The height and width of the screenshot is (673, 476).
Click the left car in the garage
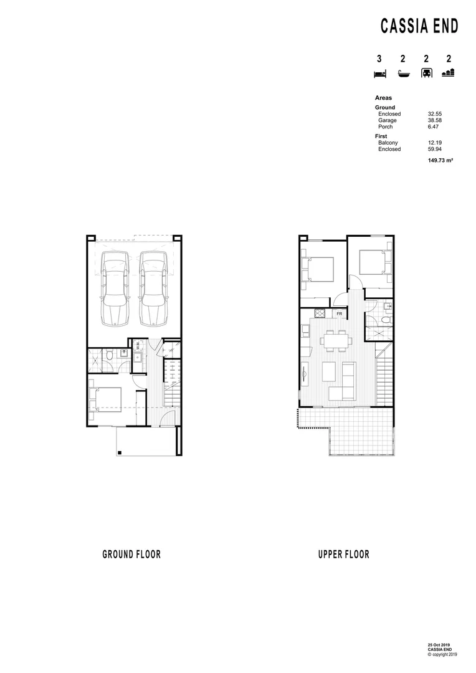point(115,289)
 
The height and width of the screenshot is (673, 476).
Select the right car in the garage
point(153,289)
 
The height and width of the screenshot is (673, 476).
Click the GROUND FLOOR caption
point(131,555)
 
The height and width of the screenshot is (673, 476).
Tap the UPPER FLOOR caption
point(343,555)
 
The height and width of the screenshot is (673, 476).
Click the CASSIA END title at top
point(419,26)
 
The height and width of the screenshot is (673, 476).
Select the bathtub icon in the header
point(403,74)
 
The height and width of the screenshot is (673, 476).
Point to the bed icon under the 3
point(379,74)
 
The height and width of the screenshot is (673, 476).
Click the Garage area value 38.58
point(434,120)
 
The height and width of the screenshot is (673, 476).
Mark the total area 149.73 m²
point(439,160)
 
